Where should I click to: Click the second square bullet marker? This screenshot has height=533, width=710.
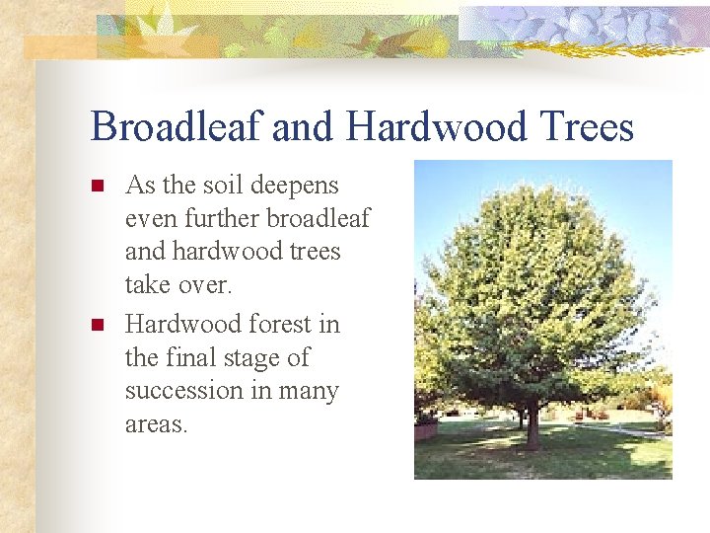click(x=97, y=325)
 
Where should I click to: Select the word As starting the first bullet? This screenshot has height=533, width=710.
click(x=140, y=185)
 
